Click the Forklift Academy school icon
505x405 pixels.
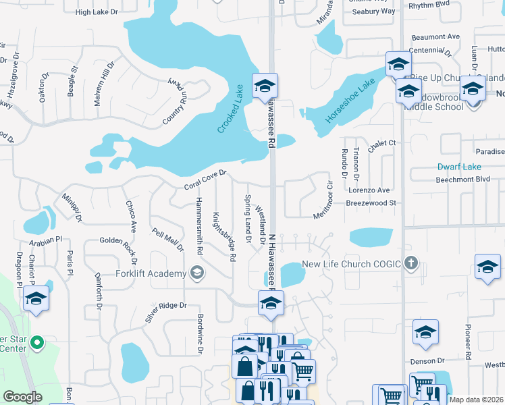197,273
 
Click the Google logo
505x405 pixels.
22,397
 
